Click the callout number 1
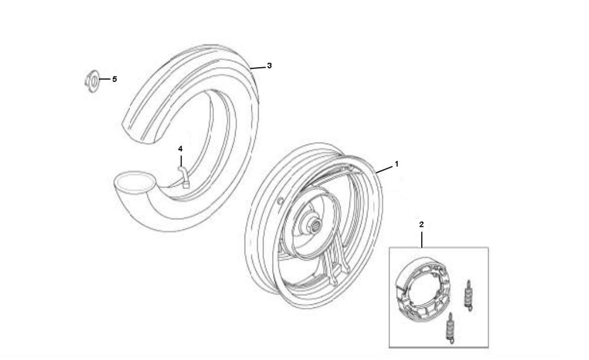396,164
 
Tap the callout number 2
422,224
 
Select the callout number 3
269,66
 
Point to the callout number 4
180,149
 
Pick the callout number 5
115,80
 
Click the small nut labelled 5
91,80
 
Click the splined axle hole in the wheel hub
315,225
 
